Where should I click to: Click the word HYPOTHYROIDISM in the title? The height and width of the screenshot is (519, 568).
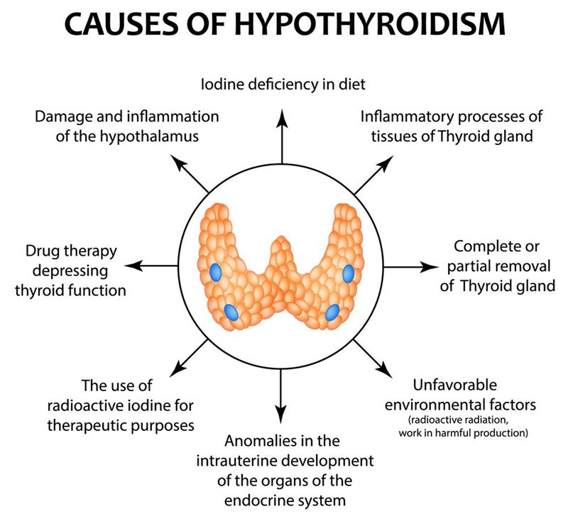tap(369, 24)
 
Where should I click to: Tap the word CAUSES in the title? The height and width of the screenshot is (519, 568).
tap(121, 24)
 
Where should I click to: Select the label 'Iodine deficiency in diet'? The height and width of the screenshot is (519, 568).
tap(283, 84)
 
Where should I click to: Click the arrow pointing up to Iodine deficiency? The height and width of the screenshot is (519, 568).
tap(282, 136)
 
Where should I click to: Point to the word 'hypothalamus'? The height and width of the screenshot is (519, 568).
tap(149, 136)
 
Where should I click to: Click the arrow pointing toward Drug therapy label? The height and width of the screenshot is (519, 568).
tap(151, 266)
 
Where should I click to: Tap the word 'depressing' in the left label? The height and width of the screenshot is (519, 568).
tap(70, 271)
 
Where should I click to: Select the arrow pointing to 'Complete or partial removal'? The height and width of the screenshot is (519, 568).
tap(411, 267)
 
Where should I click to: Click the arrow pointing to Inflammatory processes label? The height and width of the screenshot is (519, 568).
tap(373, 175)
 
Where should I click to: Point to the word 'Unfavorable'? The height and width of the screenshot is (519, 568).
tap(454, 385)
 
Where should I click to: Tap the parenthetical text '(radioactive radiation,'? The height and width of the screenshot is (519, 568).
tap(459, 420)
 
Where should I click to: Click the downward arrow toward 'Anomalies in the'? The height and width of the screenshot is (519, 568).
tap(280, 396)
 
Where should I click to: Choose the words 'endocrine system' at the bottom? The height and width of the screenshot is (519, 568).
tap(285, 501)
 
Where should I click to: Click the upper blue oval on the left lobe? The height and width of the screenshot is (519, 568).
tap(216, 273)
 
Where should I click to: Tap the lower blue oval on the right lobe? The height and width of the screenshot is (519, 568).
tap(332, 312)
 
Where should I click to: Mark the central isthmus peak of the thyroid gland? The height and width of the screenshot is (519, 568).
tap(280, 240)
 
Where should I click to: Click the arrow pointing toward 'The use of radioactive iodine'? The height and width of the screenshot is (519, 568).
tap(189, 357)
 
